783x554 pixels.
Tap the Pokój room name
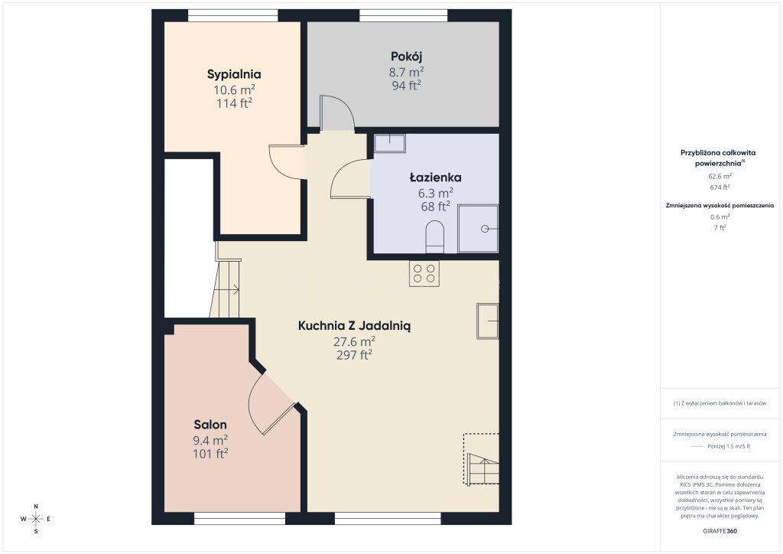click(x=407, y=57)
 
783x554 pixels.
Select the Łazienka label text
click(x=435, y=178)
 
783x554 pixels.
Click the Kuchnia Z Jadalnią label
click(x=354, y=326)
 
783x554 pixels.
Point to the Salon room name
click(x=210, y=425)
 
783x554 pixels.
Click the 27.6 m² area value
click(x=354, y=342)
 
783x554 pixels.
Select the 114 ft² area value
click(x=234, y=103)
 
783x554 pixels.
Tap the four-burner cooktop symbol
click(x=424, y=273)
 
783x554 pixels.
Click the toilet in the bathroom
click(x=435, y=236)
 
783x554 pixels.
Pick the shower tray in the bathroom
click(x=479, y=228)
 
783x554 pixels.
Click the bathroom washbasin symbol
click(x=390, y=143)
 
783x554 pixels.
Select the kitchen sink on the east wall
click(x=487, y=321)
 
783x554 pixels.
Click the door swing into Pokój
click(x=337, y=112)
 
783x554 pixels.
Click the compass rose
click(x=36, y=519)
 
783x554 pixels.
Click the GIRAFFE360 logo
click(x=720, y=531)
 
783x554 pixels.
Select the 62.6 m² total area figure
click(x=720, y=176)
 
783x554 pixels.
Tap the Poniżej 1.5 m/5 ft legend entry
click(x=729, y=446)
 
